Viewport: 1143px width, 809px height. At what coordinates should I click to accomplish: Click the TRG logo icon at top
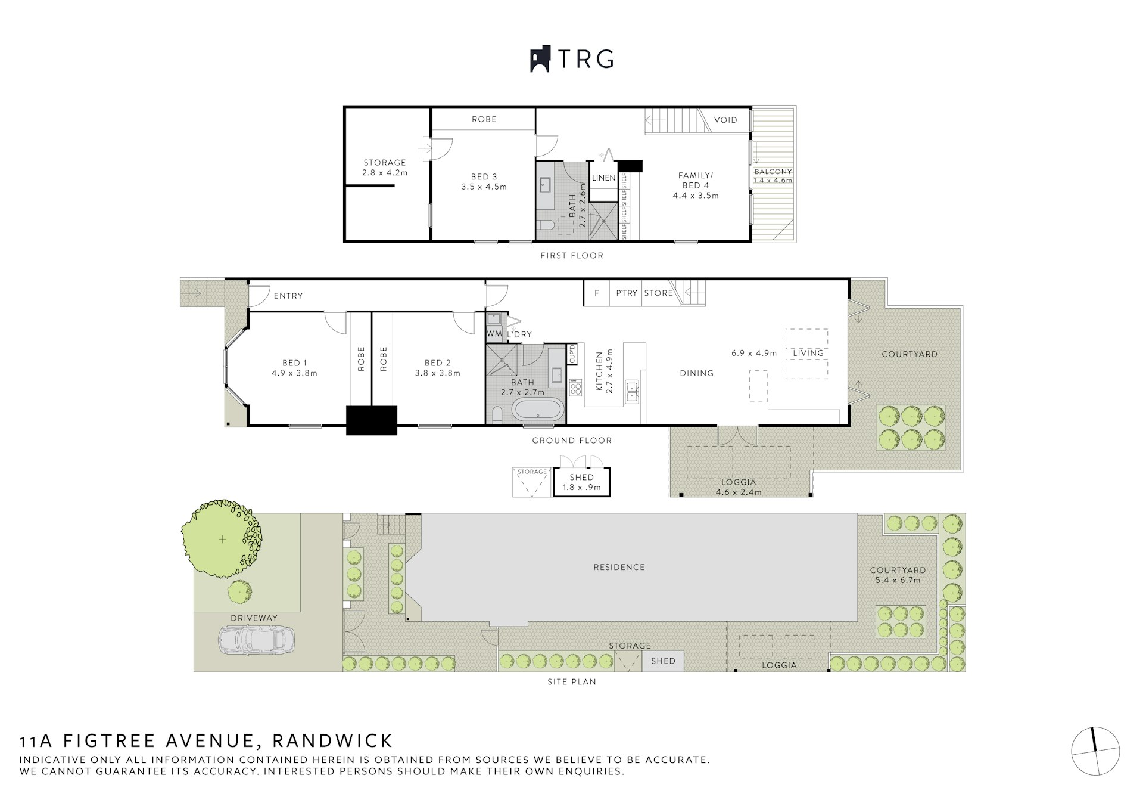540,60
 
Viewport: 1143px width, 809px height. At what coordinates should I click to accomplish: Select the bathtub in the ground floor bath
538,412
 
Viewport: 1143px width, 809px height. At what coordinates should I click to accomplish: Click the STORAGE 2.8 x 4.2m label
385,168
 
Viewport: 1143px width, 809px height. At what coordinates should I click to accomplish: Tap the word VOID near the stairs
725,120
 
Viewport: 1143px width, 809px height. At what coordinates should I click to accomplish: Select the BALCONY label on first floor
773,172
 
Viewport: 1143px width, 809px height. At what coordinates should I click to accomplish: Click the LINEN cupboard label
604,178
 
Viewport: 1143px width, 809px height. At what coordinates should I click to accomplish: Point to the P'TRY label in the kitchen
627,293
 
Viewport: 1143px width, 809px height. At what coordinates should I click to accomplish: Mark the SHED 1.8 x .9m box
582,482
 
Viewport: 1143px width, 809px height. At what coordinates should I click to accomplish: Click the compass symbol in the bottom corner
1095,752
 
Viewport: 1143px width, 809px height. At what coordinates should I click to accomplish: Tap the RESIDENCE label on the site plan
619,567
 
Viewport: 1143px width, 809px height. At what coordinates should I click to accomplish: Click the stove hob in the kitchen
575,389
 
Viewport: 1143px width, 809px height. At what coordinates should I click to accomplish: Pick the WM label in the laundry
494,334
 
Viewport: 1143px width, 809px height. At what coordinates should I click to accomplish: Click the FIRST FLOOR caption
572,256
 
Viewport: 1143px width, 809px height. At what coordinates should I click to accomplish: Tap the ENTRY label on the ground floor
288,296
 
